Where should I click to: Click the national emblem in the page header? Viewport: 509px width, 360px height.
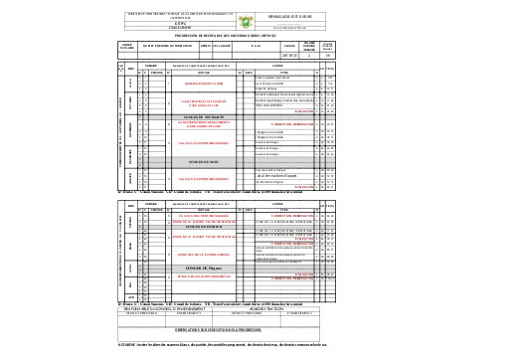[252, 16]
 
